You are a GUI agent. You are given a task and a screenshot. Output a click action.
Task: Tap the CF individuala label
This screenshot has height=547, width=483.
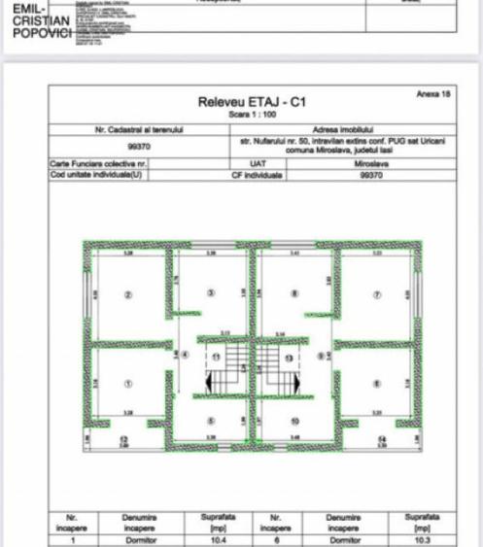tap(258, 176)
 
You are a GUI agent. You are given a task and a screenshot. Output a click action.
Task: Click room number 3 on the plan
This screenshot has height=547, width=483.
tap(212, 291)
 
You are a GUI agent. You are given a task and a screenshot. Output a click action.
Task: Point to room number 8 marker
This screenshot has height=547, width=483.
tap(293, 291)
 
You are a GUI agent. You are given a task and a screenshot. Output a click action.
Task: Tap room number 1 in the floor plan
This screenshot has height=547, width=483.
tap(126, 383)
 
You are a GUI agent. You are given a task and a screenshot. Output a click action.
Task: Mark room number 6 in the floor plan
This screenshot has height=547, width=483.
tap(377, 383)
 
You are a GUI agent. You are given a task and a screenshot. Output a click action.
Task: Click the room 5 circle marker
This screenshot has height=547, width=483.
tap(212, 421)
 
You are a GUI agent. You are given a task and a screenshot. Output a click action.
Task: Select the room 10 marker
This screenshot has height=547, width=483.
tap(293, 421)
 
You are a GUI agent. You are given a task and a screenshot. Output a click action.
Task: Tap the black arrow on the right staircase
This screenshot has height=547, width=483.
tap(289, 386)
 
